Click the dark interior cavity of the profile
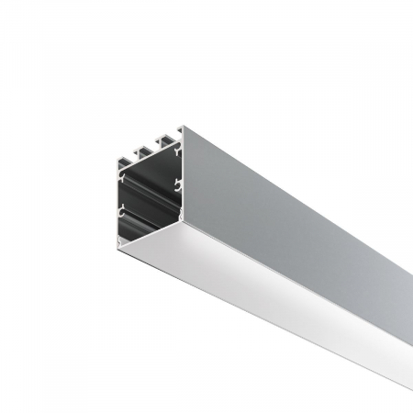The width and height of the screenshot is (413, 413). point(151,197)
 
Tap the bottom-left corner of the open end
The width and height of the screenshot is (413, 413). point(117,240)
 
